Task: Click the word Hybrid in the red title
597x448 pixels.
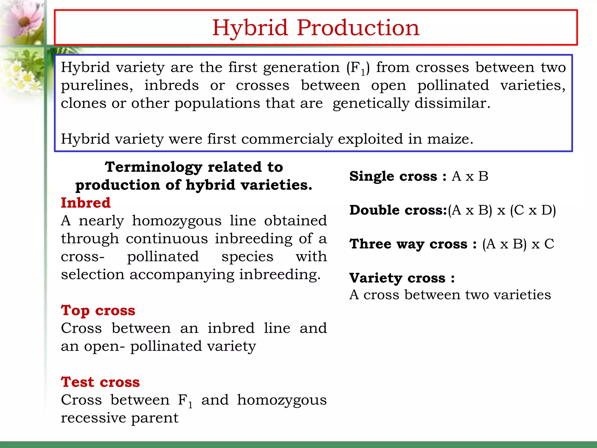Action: click(x=250, y=28)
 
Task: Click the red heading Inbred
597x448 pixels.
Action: click(x=86, y=203)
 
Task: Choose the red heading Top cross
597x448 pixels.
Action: click(x=98, y=310)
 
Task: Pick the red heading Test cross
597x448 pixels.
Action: click(x=100, y=382)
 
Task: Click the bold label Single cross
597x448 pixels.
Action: click(x=393, y=176)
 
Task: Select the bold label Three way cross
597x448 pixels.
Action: click(x=408, y=244)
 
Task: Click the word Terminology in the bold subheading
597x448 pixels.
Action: click(x=153, y=167)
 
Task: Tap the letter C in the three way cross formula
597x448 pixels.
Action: click(x=549, y=244)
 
